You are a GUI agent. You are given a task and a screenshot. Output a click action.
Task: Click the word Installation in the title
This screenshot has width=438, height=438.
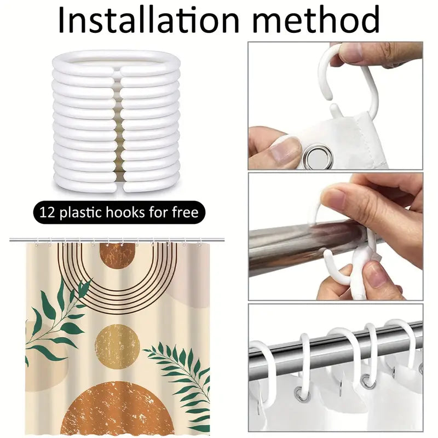tap(149, 20)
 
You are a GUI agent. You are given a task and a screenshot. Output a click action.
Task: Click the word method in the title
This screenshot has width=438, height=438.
tap(316, 20)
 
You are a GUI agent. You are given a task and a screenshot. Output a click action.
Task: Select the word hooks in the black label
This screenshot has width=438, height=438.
tap(129, 212)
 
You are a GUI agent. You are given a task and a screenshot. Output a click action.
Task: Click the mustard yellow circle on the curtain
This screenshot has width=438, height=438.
tap(117, 346)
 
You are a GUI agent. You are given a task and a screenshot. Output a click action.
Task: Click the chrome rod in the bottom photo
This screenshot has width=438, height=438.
tap(335, 351)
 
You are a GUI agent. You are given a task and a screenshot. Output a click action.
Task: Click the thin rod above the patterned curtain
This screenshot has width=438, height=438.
tap(117, 240)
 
